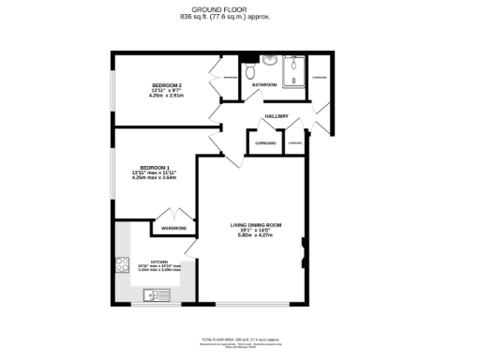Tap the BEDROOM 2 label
point(167,85)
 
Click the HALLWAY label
point(276,116)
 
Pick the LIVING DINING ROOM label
point(256,225)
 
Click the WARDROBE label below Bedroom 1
point(173,229)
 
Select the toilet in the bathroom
point(250,71)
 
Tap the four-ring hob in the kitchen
point(122,264)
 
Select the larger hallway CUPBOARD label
point(263,143)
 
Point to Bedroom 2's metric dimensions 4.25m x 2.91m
point(167,96)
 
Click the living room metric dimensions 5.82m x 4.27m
point(256,235)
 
